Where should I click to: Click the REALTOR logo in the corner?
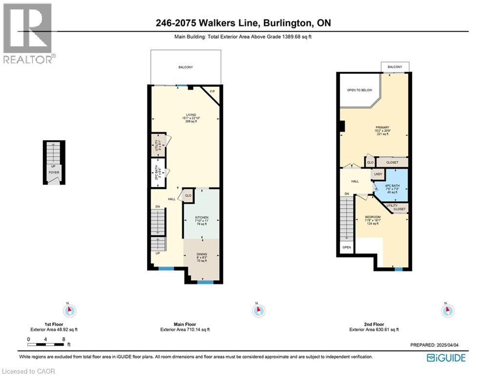pyautogui.click(x=28, y=33)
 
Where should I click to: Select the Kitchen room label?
pyautogui.click(x=202, y=217)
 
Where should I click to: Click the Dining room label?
pyautogui.click(x=202, y=254)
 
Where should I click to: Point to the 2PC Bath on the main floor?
pyautogui.click(x=158, y=173)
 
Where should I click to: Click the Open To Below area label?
pyautogui.click(x=359, y=90)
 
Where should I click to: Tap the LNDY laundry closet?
pyautogui.click(x=378, y=174)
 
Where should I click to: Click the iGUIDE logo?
pyautogui.click(x=446, y=358)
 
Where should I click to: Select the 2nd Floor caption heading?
pyautogui.click(x=374, y=324)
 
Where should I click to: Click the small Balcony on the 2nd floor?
pyautogui.click(x=395, y=67)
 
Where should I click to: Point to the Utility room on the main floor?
pyautogui.click(x=158, y=146)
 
